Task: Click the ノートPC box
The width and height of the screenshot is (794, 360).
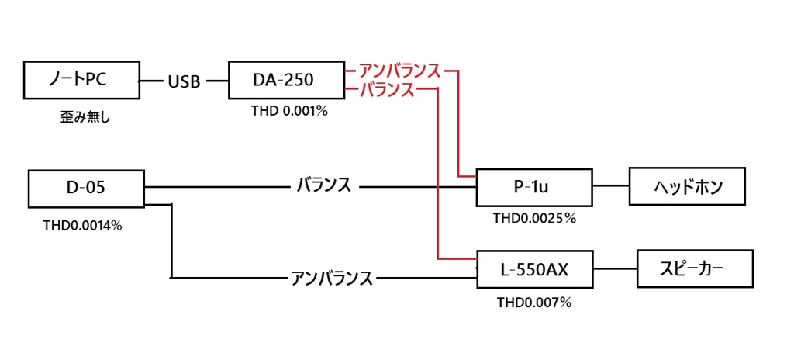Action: [x=81, y=80]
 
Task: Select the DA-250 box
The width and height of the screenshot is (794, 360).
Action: [x=286, y=80]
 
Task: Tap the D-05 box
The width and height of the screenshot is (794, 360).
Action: [x=87, y=189]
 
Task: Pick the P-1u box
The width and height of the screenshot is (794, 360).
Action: [x=533, y=188]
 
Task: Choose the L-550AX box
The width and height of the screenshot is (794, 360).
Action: [x=535, y=268]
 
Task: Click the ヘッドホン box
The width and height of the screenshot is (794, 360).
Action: [x=687, y=186]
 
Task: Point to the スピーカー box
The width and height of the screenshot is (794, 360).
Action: [x=695, y=268]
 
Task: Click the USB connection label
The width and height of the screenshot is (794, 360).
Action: [x=184, y=81]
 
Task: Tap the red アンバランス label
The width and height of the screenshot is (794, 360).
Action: [x=399, y=71]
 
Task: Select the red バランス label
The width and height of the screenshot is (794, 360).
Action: [x=386, y=90]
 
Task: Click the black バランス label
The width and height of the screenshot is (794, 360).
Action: [x=323, y=186]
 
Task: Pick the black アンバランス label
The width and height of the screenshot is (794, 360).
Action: [x=332, y=278]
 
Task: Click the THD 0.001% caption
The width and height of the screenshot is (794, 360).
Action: [x=289, y=111]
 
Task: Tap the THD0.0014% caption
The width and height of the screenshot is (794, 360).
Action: [x=82, y=226]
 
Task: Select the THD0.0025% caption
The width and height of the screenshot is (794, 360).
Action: [x=535, y=219]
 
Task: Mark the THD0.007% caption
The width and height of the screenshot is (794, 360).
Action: [x=534, y=303]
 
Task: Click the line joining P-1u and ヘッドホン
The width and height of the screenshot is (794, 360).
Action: [x=610, y=186]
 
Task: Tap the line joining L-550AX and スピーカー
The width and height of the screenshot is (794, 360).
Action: [x=615, y=268]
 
